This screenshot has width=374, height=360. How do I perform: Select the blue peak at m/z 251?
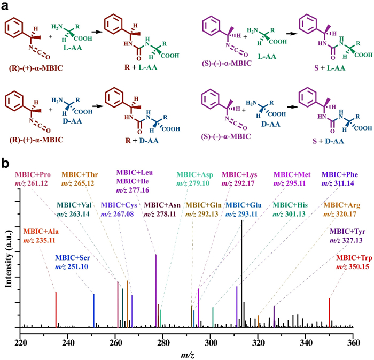coord(94,310)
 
